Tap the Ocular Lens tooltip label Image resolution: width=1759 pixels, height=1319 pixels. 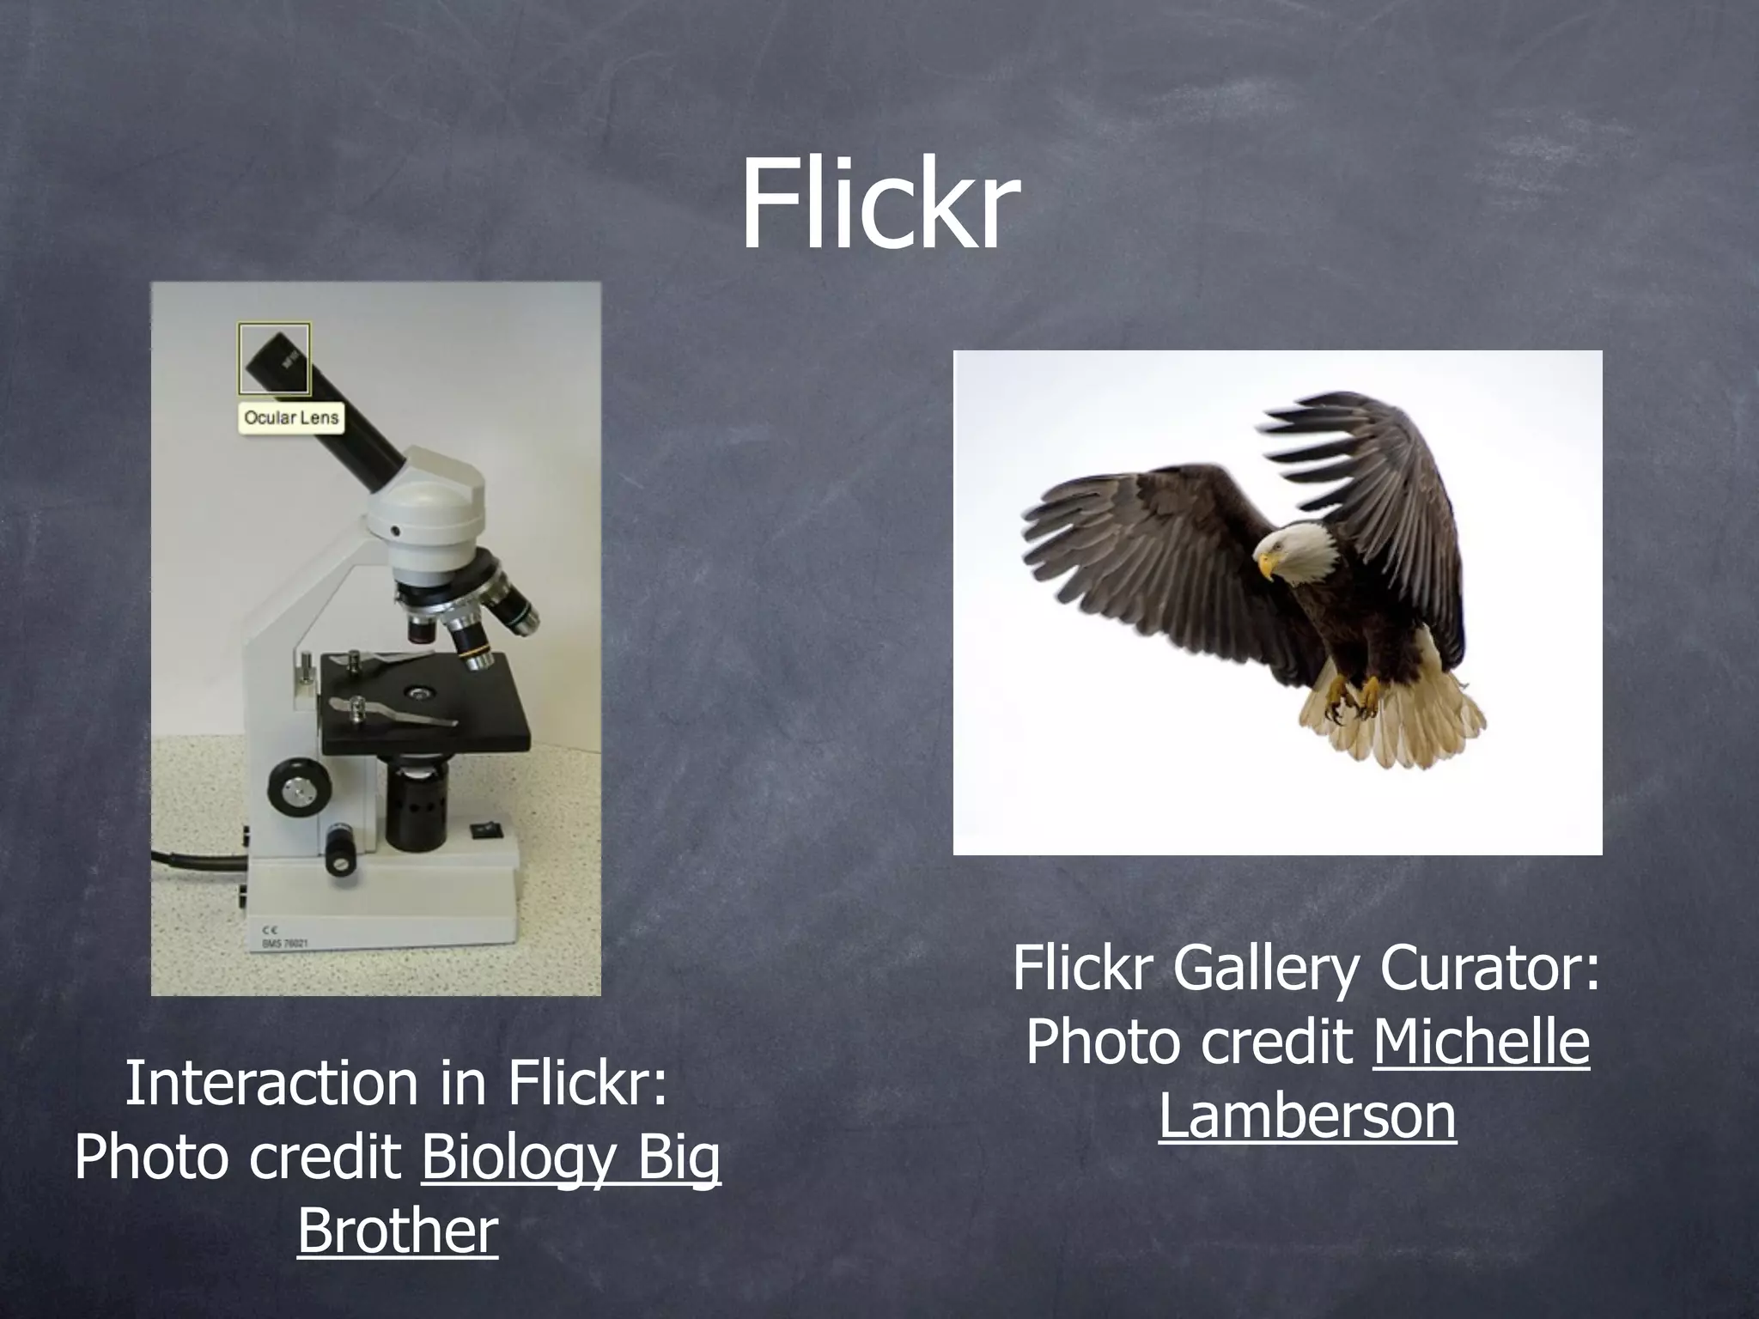tap(291, 418)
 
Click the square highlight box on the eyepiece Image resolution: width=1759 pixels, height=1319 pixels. tap(274, 357)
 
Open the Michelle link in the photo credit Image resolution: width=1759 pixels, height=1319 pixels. tap(1481, 1042)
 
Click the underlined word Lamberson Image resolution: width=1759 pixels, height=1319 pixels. tap(1307, 1115)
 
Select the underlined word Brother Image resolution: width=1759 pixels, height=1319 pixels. tap(398, 1230)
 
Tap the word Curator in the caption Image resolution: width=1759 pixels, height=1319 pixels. tap(1490, 968)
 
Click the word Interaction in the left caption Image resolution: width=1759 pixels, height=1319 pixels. tap(273, 1084)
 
